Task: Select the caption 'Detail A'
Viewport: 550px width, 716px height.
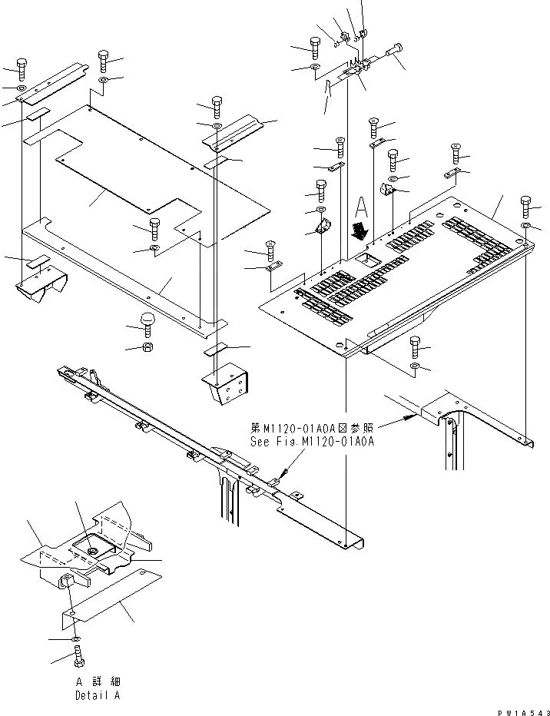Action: click(x=98, y=695)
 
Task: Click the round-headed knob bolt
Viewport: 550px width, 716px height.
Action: click(x=146, y=321)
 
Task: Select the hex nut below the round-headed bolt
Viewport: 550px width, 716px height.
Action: click(x=146, y=347)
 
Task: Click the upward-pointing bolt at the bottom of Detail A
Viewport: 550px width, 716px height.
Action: click(x=80, y=657)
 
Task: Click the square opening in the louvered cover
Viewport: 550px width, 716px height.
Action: click(x=370, y=260)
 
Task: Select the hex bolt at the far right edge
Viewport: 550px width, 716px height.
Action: click(x=525, y=205)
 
